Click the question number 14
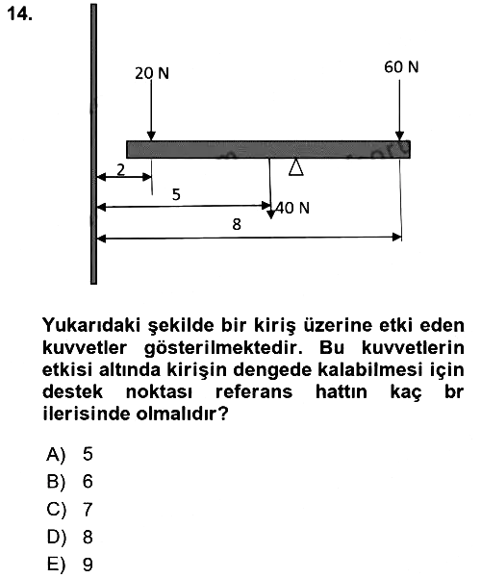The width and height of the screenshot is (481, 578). [19, 14]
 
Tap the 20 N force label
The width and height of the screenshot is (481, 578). [152, 73]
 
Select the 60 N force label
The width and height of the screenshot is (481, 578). [401, 67]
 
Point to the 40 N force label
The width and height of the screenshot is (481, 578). [292, 208]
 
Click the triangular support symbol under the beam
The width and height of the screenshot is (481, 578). [296, 167]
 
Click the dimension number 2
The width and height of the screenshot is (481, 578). [120, 170]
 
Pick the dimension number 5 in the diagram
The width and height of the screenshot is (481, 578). [176, 194]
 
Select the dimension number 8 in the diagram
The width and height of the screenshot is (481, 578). [237, 224]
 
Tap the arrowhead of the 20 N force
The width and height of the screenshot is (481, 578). [151, 136]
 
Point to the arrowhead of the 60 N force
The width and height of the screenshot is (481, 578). [399, 136]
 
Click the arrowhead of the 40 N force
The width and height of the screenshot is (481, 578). [270, 214]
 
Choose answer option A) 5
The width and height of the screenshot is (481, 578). [69, 454]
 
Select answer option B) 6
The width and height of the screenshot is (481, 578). [69, 482]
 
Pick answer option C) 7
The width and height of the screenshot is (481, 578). [69, 510]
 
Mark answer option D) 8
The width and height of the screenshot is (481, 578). [69, 537]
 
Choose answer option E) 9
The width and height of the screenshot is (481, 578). [69, 565]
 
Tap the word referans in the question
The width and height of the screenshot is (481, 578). [254, 391]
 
